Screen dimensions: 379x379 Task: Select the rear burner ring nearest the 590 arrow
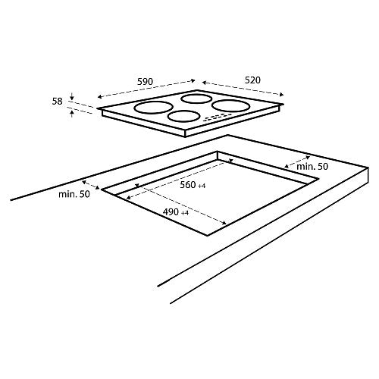pyautogui.click(x=196, y=98)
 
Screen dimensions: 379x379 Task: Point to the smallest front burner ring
pyautogui.click(x=183, y=117)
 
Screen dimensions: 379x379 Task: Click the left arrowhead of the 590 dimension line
pyautogui.click(x=99, y=96)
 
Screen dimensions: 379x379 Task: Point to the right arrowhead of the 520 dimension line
pyautogui.click(x=283, y=94)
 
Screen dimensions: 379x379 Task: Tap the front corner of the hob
pyautogui.click(x=186, y=134)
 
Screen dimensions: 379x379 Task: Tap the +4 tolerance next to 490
pyautogui.click(x=184, y=213)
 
